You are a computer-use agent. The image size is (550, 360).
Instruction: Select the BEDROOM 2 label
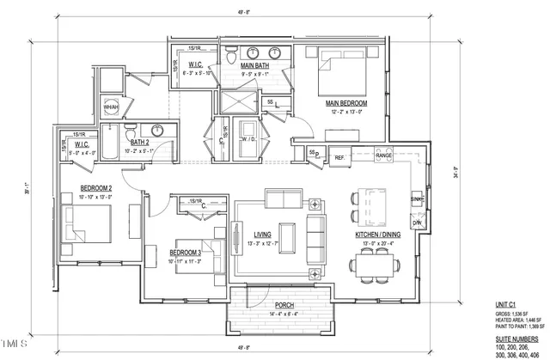(97, 188)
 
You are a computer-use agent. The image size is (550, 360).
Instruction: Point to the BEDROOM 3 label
(185, 252)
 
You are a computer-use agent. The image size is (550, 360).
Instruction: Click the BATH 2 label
(142, 143)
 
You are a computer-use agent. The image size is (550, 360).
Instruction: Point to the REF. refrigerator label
(339, 157)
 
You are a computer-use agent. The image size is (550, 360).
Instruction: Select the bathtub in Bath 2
(112, 143)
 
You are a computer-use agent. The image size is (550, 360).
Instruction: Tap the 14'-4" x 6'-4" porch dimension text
(284, 314)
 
